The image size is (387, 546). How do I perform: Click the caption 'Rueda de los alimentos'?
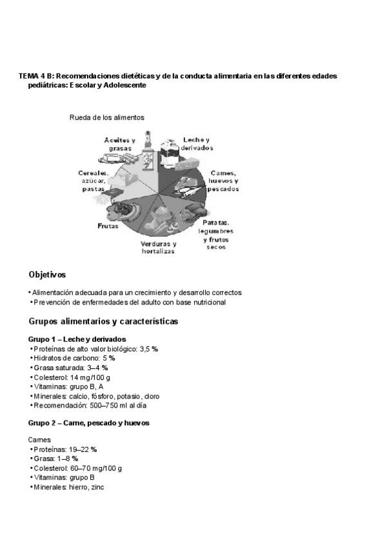click(107, 117)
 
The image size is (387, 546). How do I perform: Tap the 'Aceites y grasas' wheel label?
click(119, 144)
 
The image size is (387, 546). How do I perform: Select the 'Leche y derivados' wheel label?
click(197, 143)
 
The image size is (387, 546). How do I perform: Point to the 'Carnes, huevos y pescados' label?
click(224, 181)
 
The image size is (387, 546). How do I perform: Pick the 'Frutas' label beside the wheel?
click(108, 226)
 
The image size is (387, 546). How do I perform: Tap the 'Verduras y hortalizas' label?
click(158, 248)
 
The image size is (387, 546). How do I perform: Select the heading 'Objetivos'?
click(47, 274)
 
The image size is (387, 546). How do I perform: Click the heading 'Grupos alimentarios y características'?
click(103, 321)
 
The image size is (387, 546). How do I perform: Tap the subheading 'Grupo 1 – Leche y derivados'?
click(77, 339)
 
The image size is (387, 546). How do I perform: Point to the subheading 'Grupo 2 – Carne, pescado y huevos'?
click(89, 423)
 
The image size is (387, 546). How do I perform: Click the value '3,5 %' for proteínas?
click(149, 348)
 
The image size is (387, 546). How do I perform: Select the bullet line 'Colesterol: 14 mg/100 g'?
click(72, 377)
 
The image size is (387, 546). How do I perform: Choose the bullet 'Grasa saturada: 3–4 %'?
click(70, 368)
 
